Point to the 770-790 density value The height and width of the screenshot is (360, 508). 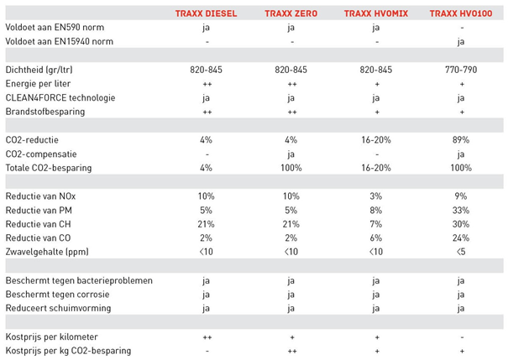[x=460, y=70]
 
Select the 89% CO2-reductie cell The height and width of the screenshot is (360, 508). [x=460, y=139]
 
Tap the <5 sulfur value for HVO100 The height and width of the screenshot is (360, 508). [x=460, y=251]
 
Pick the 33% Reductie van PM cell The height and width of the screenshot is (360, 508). [x=460, y=209]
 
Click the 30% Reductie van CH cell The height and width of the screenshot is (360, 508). [x=460, y=223]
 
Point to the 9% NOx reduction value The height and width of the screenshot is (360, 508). [x=460, y=196]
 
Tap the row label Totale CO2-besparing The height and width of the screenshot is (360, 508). [x=50, y=167]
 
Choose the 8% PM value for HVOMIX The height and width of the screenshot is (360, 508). [x=375, y=209]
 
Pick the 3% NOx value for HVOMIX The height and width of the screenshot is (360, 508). [x=375, y=196]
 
